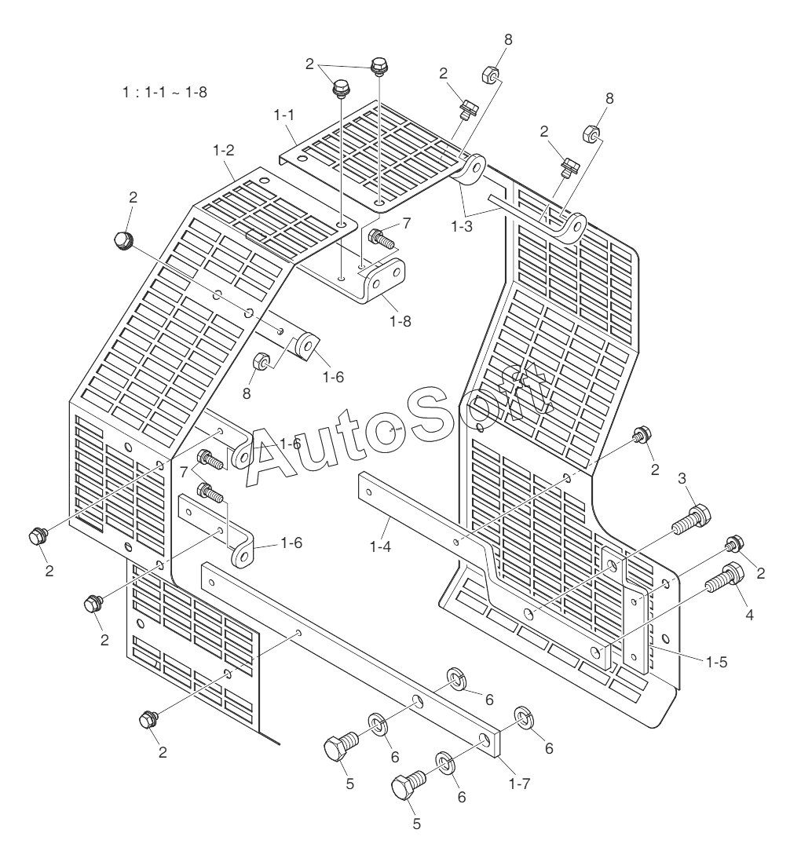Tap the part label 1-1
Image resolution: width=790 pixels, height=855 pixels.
(283, 115)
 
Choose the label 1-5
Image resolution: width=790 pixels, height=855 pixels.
(716, 662)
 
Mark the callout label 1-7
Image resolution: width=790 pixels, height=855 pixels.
(517, 783)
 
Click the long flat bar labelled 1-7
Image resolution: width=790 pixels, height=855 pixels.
(346, 656)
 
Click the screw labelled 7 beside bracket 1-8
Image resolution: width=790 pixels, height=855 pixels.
(382, 236)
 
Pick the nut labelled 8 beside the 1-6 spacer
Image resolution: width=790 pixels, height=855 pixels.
(262, 362)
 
